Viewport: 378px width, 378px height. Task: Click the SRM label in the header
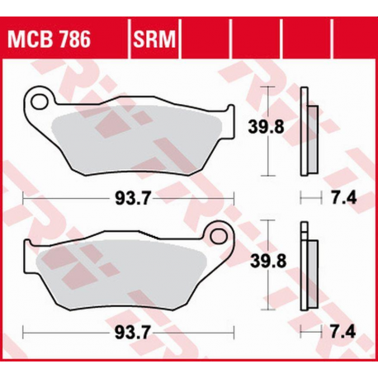[153, 38]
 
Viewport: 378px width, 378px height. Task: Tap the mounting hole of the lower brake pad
[220, 236]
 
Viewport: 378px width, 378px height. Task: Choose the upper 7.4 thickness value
[335, 198]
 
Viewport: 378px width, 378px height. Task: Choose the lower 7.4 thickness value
[335, 333]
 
